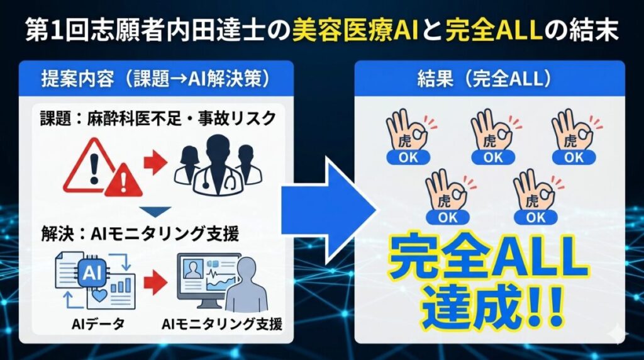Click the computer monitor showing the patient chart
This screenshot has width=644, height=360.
(x=208, y=279)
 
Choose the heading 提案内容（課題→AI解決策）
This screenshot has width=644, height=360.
(x=156, y=80)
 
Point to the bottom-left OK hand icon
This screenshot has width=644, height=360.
(x=448, y=196)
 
